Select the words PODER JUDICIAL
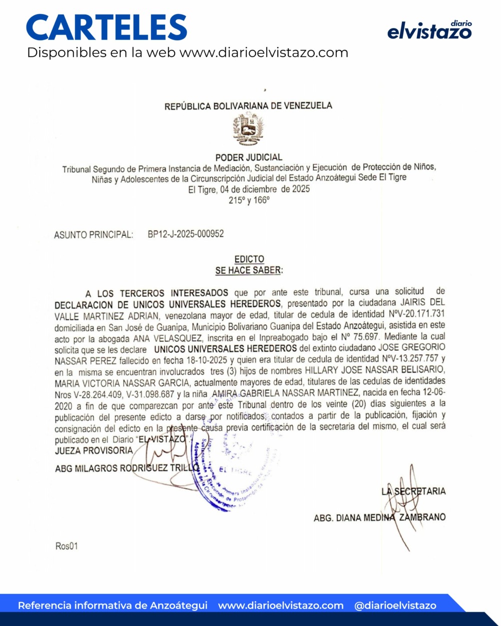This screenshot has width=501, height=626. coord(249,157)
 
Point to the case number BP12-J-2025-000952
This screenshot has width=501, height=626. coord(186,234)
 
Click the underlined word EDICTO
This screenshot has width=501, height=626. coord(249,259)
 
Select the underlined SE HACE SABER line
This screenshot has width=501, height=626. coord(249,270)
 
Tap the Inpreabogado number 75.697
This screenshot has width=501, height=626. coord(358,337)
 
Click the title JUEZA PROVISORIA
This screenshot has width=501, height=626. coord(94,450)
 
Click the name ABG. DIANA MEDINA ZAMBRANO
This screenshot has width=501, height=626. coord(379,517)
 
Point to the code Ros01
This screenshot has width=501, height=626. coord(66,546)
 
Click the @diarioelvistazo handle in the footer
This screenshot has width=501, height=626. coord(395,605)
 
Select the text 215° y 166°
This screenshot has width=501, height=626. coord(249,200)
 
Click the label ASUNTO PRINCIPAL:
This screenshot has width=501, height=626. coord(94,234)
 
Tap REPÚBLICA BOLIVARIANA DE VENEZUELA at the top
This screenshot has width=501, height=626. coord(248,106)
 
